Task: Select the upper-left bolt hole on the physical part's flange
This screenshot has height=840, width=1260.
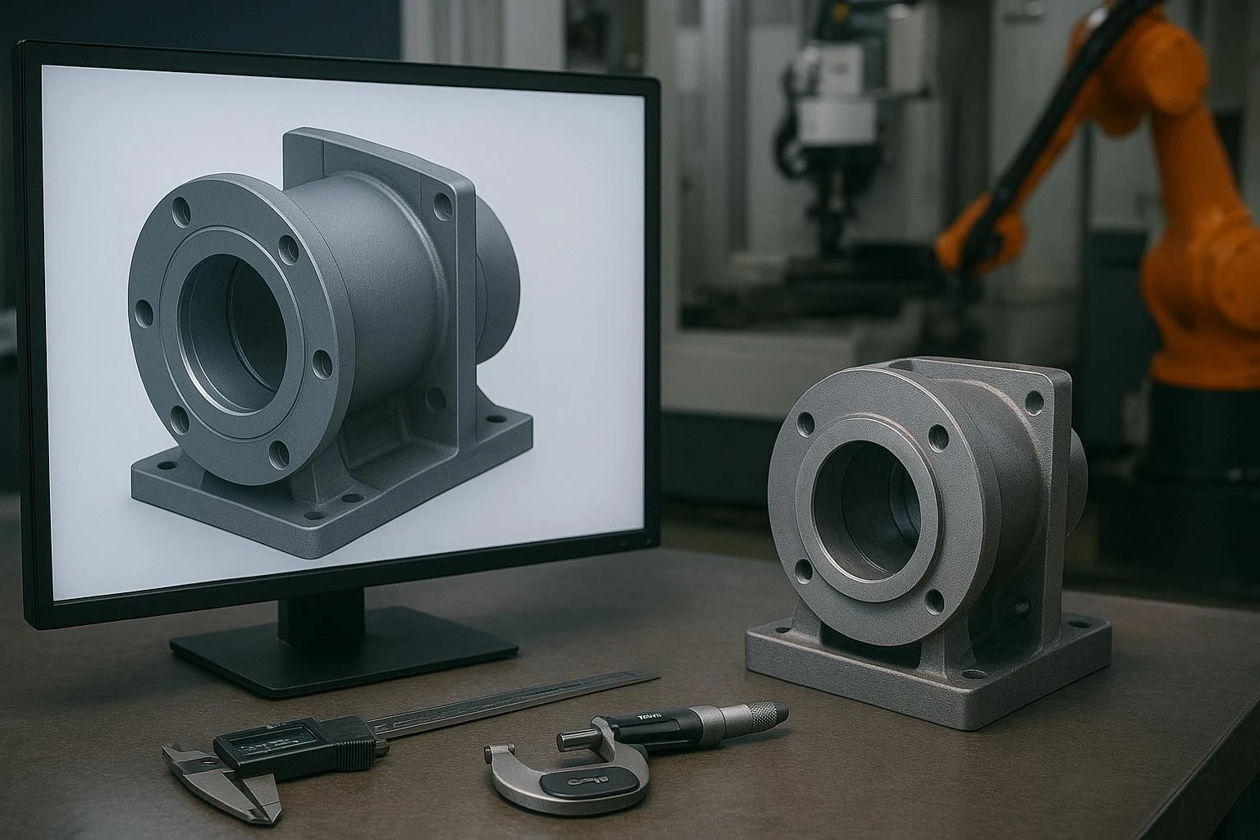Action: click(806, 423)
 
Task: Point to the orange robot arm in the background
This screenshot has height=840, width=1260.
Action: click(1181, 246)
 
